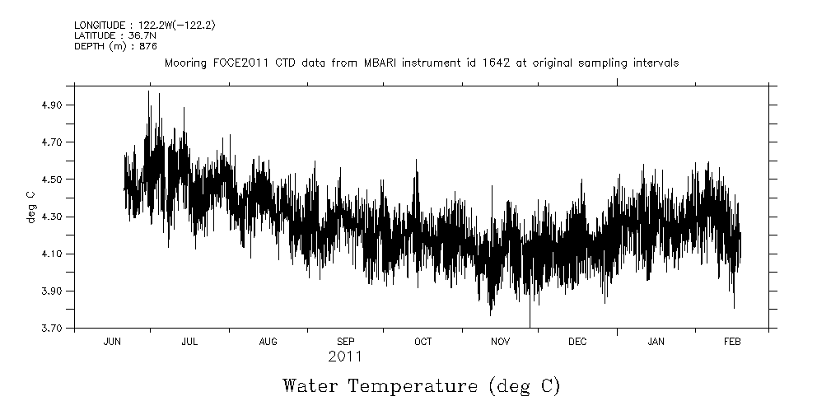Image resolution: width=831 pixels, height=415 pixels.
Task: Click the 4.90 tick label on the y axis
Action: coord(53,105)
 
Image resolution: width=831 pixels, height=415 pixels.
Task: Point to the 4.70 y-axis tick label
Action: coord(53,142)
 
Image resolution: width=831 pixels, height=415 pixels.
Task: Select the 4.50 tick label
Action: coord(53,180)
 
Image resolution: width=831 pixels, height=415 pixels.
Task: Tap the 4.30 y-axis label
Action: coord(53,217)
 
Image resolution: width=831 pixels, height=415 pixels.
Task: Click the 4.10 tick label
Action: coord(53,254)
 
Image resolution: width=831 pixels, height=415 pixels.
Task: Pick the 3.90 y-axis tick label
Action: coord(53,291)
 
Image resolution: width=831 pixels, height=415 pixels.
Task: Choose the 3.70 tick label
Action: coord(53,329)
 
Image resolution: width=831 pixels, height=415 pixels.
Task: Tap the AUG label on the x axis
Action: coord(268,342)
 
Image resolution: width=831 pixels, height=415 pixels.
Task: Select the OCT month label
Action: coord(423,342)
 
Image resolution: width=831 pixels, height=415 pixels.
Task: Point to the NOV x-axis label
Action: coord(501,342)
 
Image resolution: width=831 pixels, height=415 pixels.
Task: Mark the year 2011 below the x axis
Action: coord(345,357)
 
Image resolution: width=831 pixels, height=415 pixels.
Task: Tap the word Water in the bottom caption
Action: coord(310,385)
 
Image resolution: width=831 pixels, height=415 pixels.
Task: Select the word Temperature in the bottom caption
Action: coord(414,385)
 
